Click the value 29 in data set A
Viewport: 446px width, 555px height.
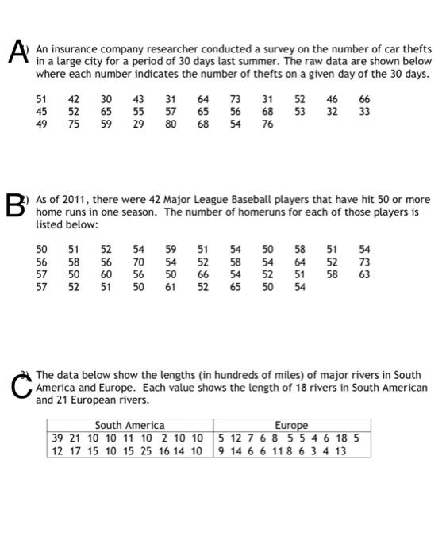tap(138, 124)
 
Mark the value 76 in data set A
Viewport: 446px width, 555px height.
tap(267, 124)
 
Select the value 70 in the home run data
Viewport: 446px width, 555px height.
tap(138, 262)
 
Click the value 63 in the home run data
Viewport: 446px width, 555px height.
tap(364, 274)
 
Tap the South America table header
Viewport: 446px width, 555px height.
tap(130, 426)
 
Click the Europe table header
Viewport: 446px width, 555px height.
tap(291, 426)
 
